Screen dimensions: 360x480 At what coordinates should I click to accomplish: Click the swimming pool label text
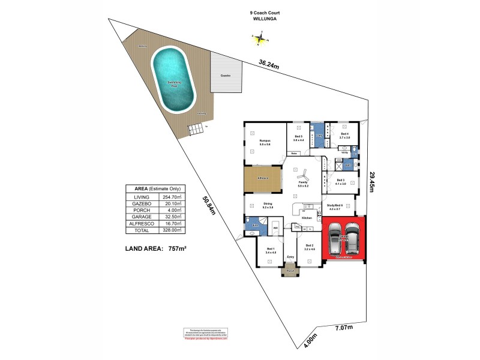[x=174, y=85]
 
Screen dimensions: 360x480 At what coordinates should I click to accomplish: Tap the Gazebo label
[x=226, y=76]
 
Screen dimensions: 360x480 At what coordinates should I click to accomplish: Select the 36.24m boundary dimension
[x=269, y=63]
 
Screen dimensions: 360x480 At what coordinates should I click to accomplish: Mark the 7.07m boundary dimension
[x=343, y=328]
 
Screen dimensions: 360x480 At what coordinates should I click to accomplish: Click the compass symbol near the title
[x=260, y=40]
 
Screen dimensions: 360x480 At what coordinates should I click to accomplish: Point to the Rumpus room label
[x=265, y=142]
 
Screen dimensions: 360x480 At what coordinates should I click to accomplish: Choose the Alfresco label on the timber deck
[x=263, y=178]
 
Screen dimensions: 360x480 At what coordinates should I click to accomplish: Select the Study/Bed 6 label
[x=335, y=206]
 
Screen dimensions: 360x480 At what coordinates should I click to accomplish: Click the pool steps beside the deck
[x=194, y=129]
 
